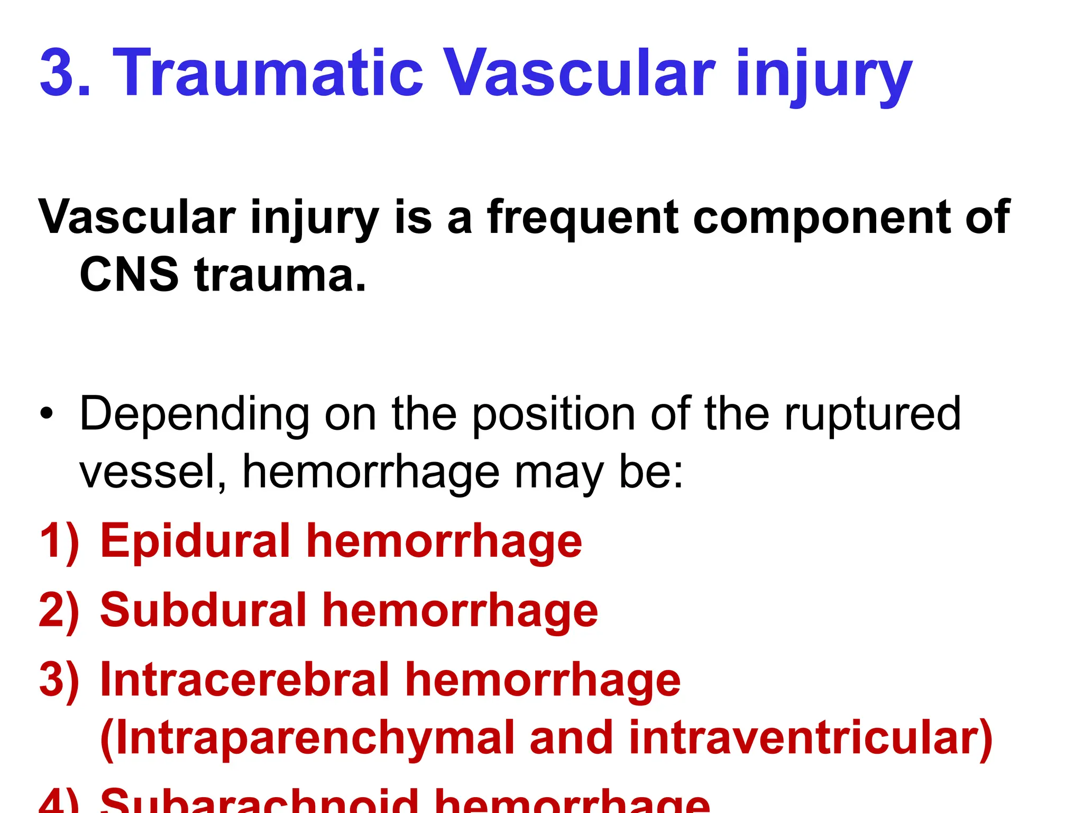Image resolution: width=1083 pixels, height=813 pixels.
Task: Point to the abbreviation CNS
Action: [129, 275]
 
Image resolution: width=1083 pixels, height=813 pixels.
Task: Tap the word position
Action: [553, 414]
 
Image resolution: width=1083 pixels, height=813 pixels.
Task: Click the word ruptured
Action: [872, 414]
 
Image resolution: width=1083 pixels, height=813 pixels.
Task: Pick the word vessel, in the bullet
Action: [153, 472]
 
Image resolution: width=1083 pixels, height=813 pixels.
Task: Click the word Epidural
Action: [195, 541]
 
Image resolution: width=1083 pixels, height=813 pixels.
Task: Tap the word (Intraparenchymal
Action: [307, 739]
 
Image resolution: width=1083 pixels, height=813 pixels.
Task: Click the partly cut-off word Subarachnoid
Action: [259, 801]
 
